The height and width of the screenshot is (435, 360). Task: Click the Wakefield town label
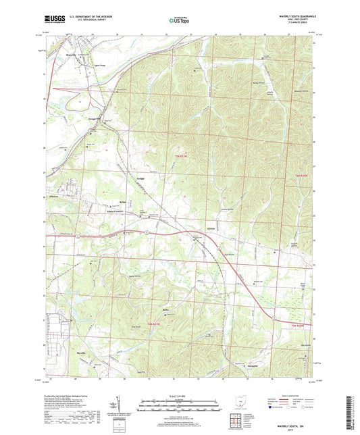(55, 196)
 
